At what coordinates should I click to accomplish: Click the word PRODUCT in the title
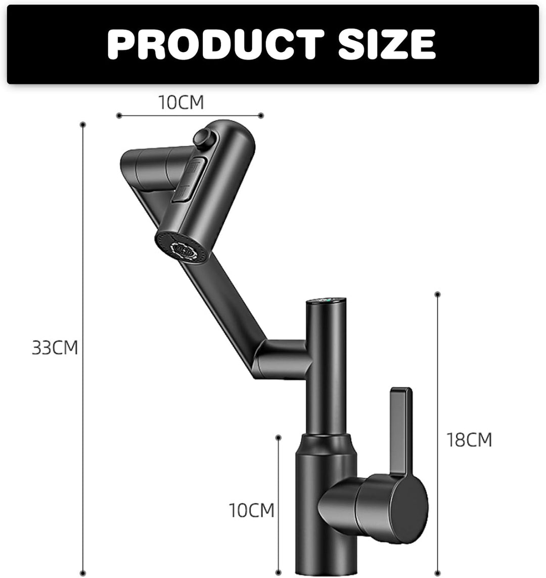216,44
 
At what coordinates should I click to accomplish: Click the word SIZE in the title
387,44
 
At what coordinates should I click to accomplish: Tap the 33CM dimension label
55,348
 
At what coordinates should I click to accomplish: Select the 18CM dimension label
469,440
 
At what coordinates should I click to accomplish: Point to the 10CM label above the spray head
181,103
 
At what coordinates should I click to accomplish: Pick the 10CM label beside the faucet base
252,510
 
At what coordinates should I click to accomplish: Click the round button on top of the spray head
203,138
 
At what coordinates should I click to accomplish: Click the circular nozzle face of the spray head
183,248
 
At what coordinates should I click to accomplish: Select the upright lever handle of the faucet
400,435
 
